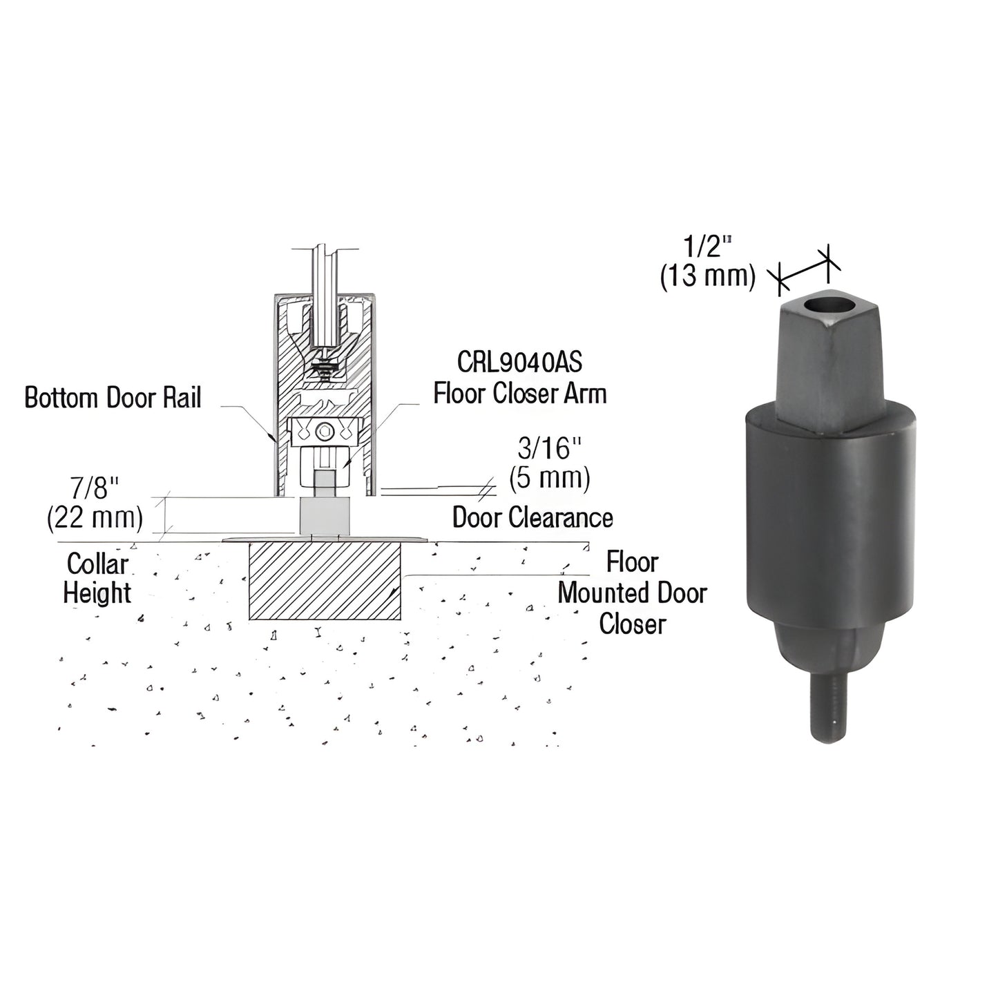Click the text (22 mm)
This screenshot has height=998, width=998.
(x=95, y=518)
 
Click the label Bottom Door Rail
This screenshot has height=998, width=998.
(x=113, y=398)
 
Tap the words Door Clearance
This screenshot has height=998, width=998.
(x=532, y=517)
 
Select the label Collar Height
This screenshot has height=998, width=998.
(x=97, y=579)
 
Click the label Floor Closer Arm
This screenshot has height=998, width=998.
(x=520, y=394)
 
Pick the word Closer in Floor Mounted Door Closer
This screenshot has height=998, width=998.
(x=632, y=624)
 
